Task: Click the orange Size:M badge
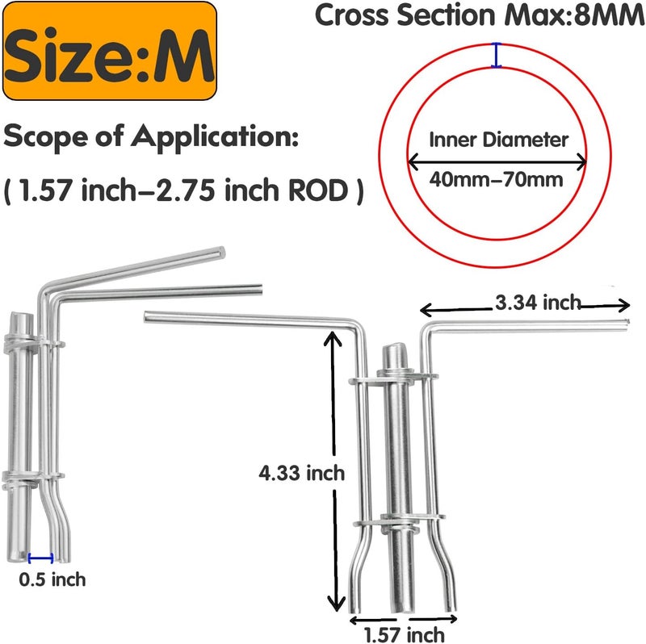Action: pyautogui.click(x=110, y=51)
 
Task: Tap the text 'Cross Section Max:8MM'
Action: pyautogui.click(x=480, y=15)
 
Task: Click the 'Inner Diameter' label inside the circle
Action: pyautogui.click(x=498, y=140)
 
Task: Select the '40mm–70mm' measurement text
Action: pyautogui.click(x=496, y=180)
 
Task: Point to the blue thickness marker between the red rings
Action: pyautogui.click(x=497, y=55)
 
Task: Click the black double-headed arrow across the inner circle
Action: pyautogui.click(x=497, y=161)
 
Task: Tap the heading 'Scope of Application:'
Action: pyautogui.click(x=151, y=136)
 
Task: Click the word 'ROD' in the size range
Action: pyautogui.click(x=318, y=190)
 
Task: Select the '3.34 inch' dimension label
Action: pyautogui.click(x=538, y=303)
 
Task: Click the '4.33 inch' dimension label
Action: pyautogui.click(x=301, y=473)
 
